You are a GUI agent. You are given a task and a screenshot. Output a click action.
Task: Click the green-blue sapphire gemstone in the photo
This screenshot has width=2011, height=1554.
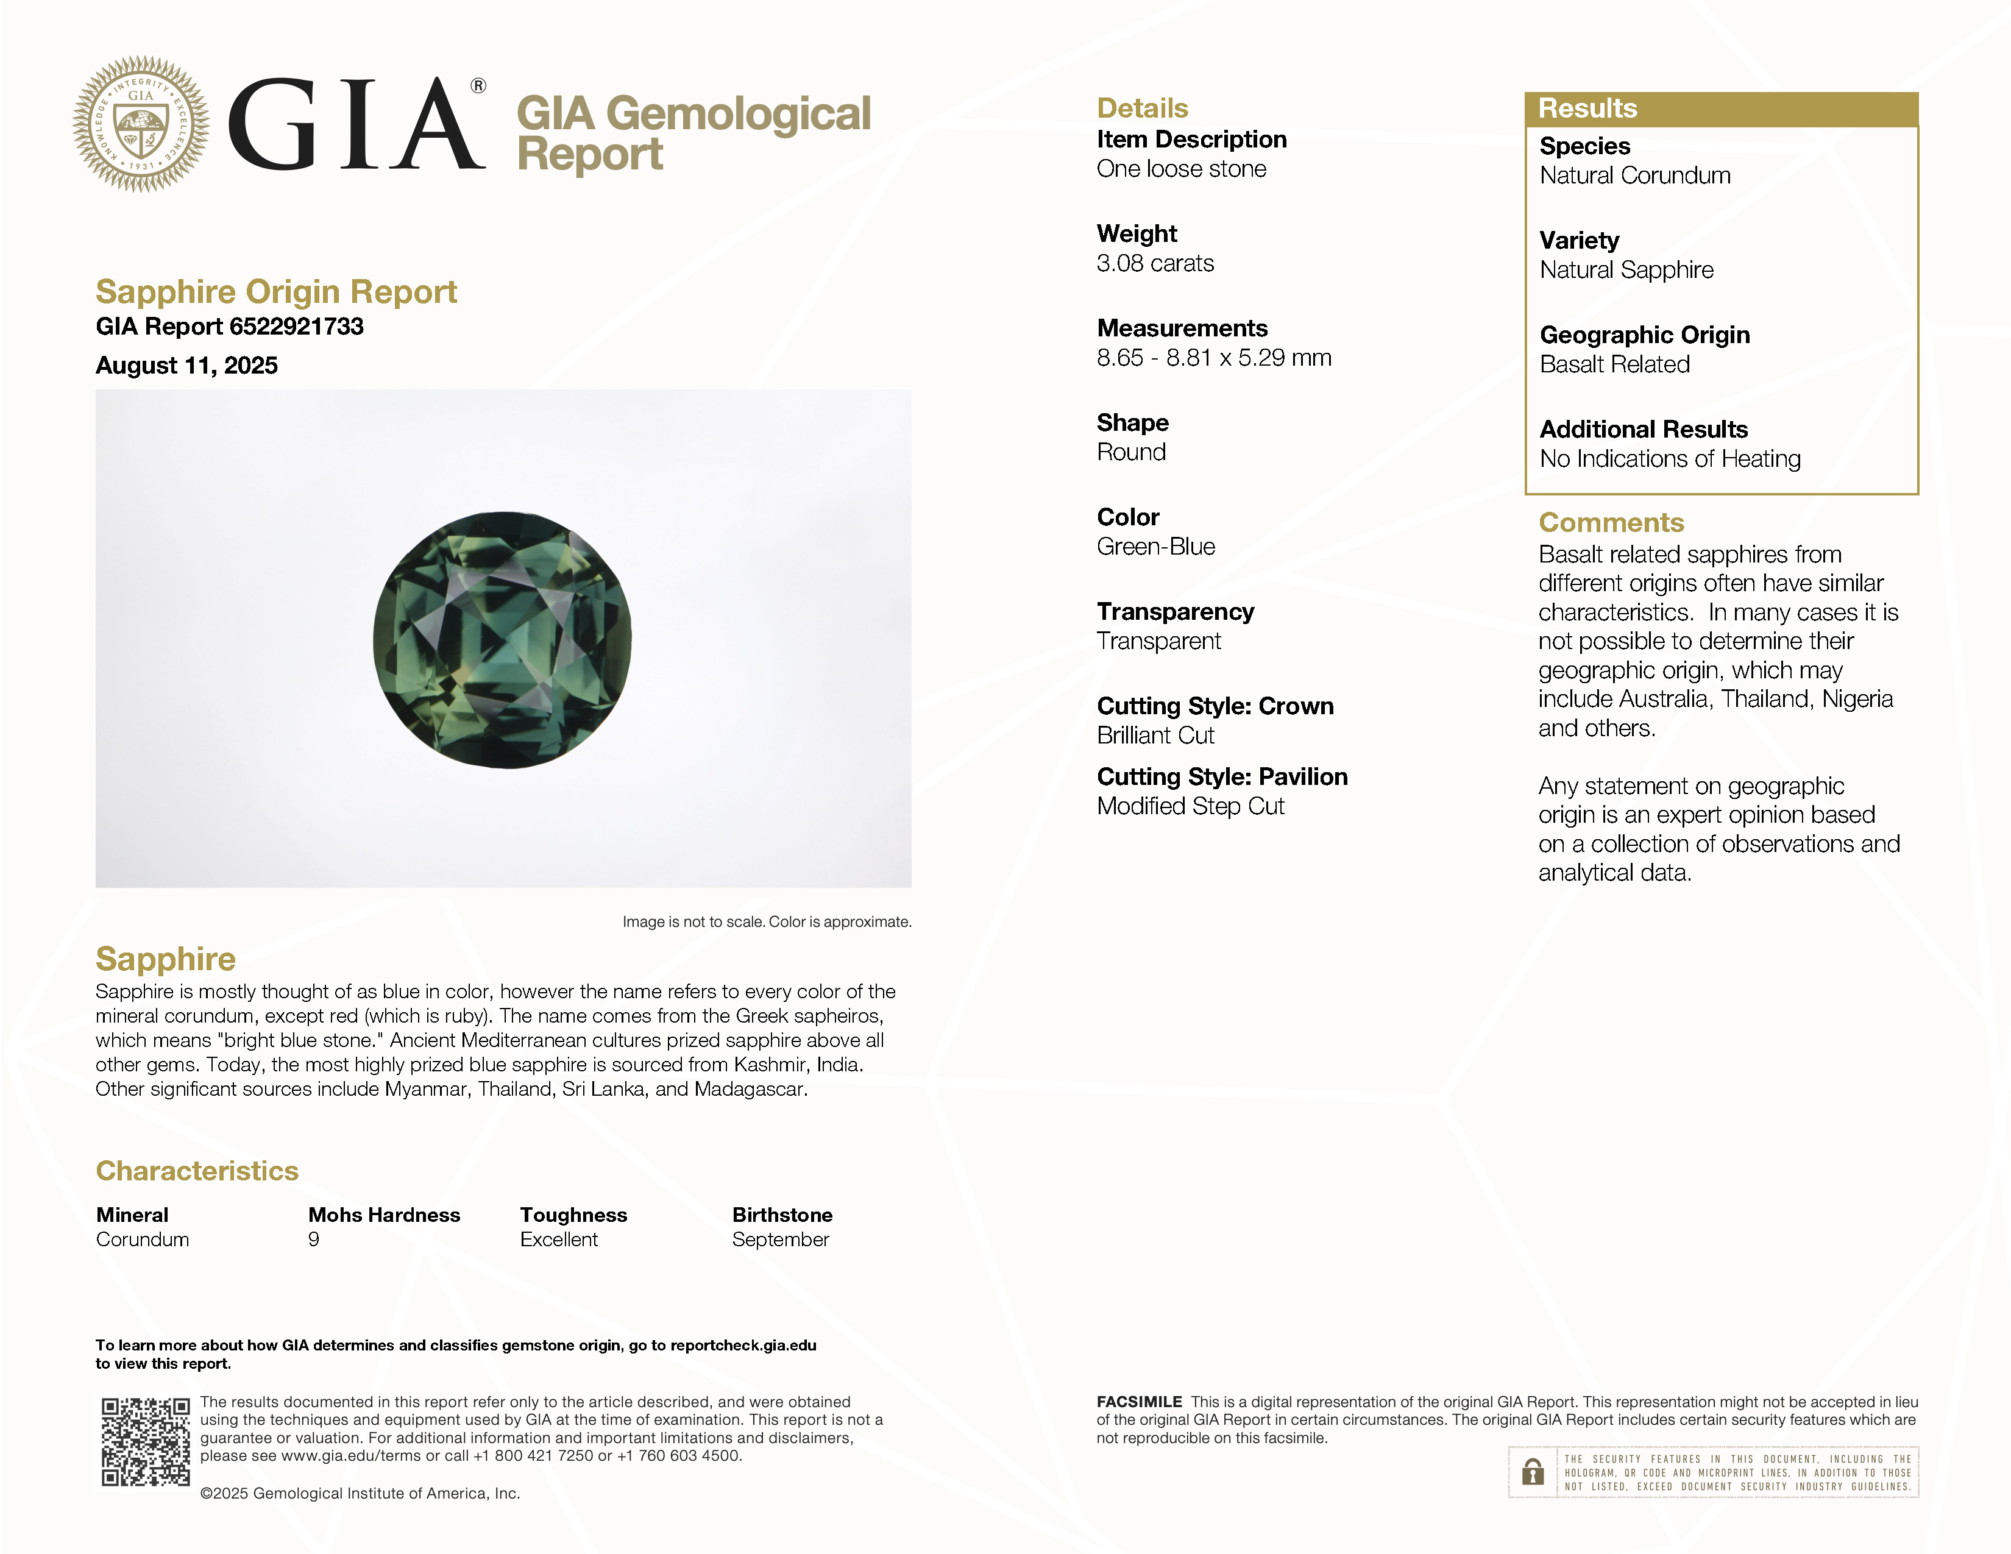coord(503,640)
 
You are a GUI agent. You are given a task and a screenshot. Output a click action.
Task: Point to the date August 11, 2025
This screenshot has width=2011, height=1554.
coord(187,366)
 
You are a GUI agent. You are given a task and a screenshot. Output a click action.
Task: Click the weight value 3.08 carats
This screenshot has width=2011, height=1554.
coord(1155,263)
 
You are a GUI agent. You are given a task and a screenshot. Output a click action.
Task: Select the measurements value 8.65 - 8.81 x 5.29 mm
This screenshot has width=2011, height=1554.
coord(1213,358)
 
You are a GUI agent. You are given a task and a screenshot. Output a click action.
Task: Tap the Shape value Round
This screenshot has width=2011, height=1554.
coord(1130,452)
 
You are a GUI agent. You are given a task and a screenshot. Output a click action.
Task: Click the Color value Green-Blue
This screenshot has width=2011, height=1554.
coord(1155,547)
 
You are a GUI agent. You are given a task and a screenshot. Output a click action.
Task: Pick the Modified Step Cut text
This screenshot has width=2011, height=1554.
coord(1190,806)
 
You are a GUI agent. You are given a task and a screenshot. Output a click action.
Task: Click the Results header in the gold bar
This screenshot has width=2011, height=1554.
coord(1587,108)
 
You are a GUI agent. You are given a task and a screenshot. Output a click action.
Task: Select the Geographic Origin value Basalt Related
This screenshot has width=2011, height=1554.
coord(1614,364)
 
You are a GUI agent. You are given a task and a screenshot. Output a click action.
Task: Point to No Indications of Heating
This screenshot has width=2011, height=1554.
coord(1669,458)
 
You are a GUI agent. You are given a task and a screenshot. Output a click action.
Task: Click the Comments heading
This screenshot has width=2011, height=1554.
coord(1611,523)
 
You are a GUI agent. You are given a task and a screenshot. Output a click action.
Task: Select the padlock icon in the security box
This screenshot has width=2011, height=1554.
coord(1532,1472)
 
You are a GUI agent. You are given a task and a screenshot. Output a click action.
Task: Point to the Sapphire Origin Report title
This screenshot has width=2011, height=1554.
coord(276,292)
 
